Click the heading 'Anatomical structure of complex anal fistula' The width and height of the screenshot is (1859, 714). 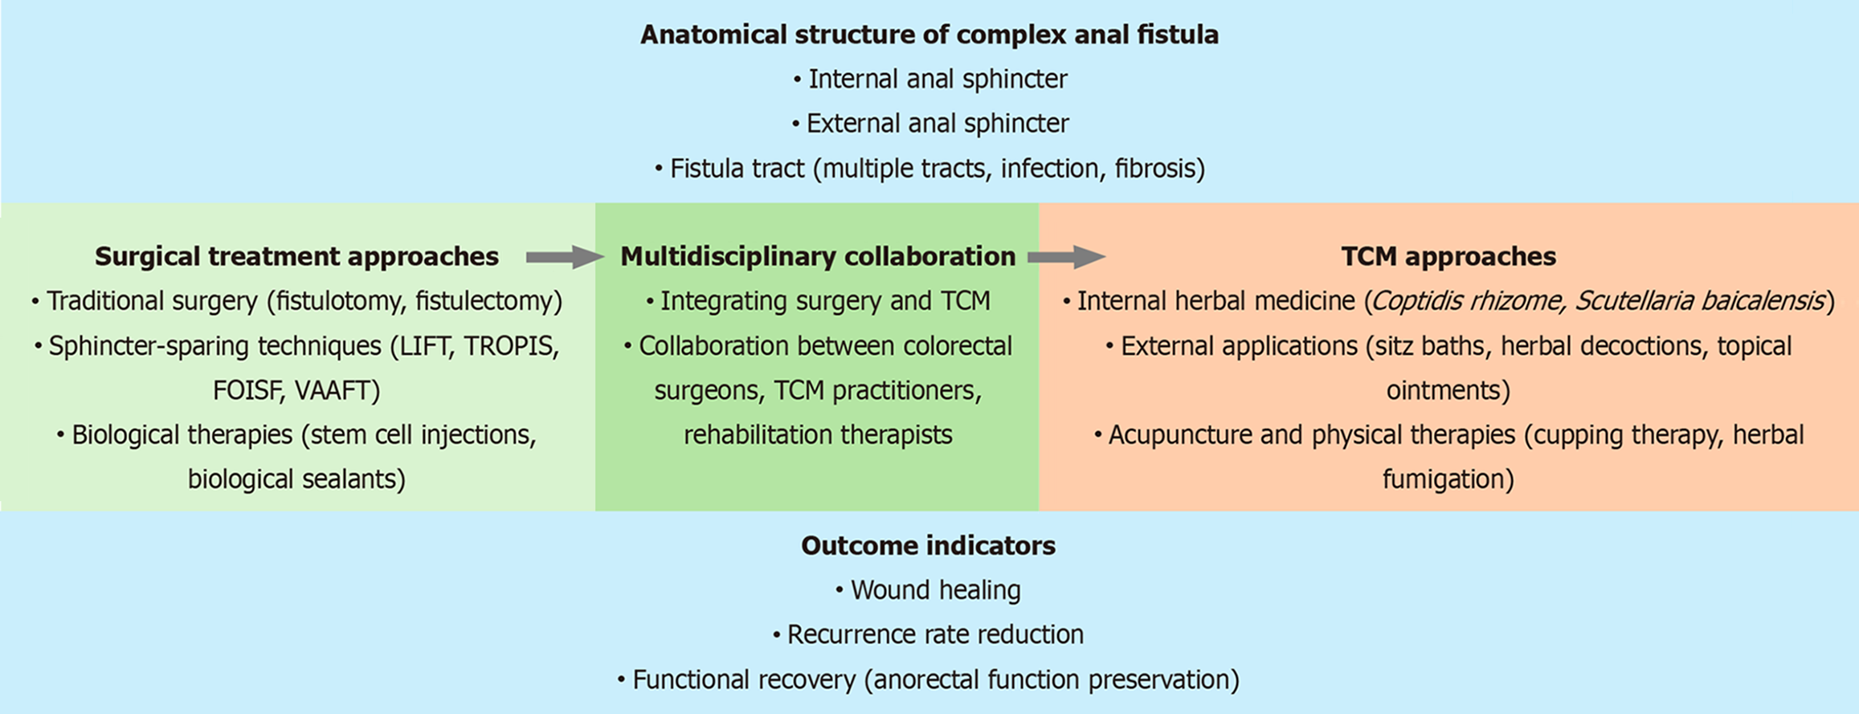[929, 35]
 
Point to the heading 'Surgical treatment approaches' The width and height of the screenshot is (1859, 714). [296, 256]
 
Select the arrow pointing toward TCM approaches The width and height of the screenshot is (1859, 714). [1065, 257]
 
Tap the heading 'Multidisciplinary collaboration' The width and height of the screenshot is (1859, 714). [818, 256]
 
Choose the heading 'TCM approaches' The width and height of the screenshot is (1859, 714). [1448, 256]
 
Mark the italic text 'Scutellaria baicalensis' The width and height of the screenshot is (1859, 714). [1698, 301]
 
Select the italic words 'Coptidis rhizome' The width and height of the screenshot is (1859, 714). [1467, 301]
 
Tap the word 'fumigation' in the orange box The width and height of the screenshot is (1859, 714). [1448, 479]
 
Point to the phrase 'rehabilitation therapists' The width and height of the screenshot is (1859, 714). [818, 435]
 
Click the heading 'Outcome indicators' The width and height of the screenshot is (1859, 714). [928, 545]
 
